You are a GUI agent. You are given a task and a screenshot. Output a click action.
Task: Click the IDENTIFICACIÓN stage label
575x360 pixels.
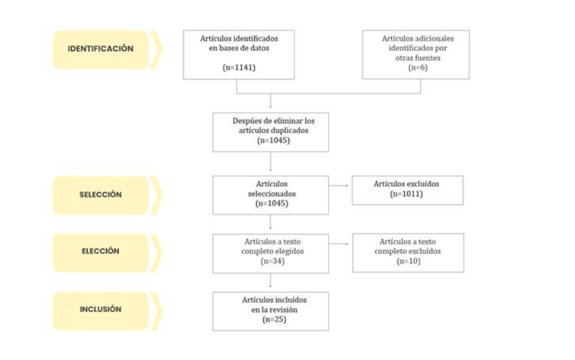pos(100,49)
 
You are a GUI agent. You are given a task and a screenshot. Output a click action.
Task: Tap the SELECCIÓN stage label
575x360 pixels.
pos(100,194)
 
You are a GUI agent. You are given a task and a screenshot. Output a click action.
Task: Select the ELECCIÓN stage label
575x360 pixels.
pos(100,251)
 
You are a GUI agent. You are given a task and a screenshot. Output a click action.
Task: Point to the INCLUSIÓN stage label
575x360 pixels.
pos(100,309)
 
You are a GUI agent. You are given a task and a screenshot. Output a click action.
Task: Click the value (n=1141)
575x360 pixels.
pos(239,67)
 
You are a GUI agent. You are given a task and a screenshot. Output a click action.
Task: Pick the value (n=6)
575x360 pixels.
pos(418,67)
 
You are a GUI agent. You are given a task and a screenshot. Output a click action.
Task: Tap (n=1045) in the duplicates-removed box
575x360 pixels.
pos(274,141)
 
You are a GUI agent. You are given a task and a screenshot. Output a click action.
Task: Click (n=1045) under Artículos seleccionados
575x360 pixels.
pos(272,203)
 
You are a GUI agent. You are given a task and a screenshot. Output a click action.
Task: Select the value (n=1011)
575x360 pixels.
pos(406,194)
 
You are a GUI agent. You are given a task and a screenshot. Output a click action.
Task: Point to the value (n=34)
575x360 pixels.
pos(272,262)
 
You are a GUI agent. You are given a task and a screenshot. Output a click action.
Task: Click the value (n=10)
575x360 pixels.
pos(409,262)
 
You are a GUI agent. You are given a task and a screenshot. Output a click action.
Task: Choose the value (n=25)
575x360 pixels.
pos(274,319)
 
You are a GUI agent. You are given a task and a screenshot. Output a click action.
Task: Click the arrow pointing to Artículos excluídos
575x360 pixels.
pos(338,185)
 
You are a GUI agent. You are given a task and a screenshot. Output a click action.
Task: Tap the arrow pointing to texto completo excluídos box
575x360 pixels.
pos(338,244)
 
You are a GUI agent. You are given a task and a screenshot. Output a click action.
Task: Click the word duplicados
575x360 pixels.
pos(290,131)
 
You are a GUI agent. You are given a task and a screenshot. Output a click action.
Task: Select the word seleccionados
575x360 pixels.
pos(272,194)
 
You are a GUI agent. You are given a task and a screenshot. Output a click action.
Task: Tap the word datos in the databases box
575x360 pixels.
pos(259,49)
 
